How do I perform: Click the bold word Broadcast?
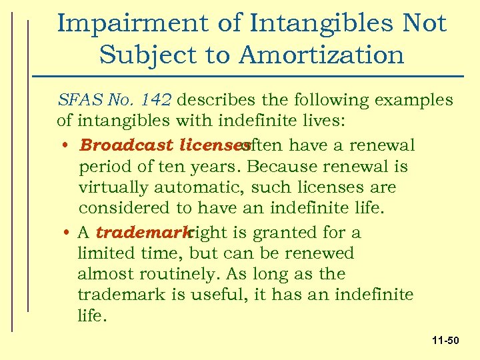click(x=120, y=145)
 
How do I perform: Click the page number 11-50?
click(x=445, y=341)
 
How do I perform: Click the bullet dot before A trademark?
click(x=69, y=233)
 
